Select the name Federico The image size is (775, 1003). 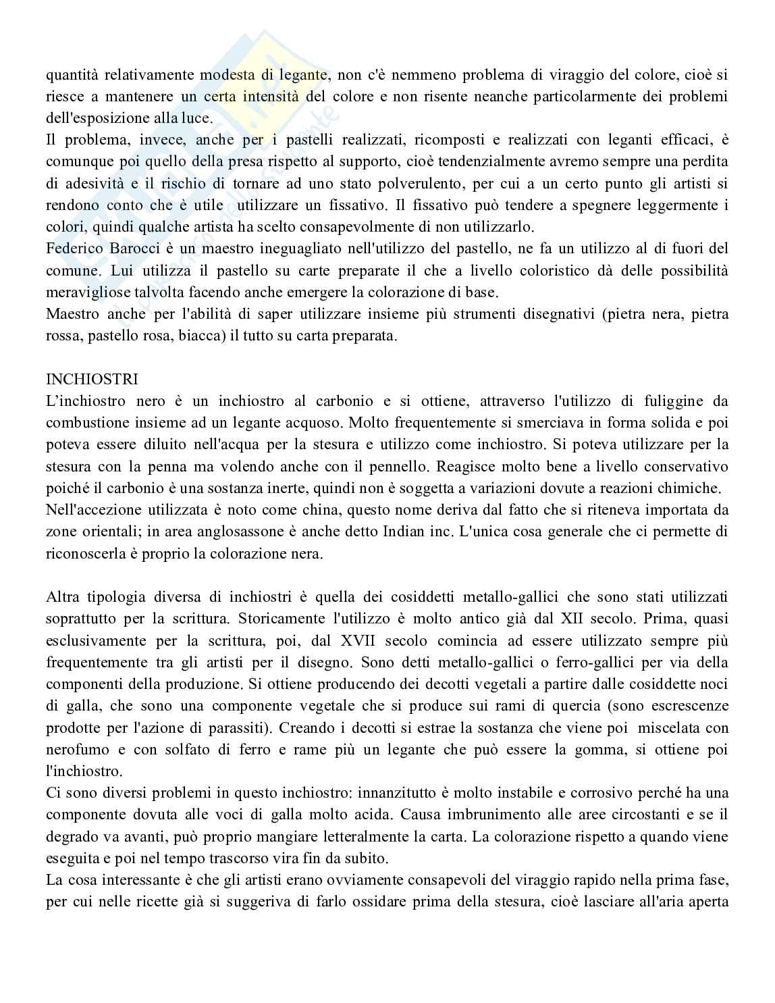point(73,249)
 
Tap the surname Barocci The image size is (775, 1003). point(131,249)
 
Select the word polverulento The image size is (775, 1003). point(363,184)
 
